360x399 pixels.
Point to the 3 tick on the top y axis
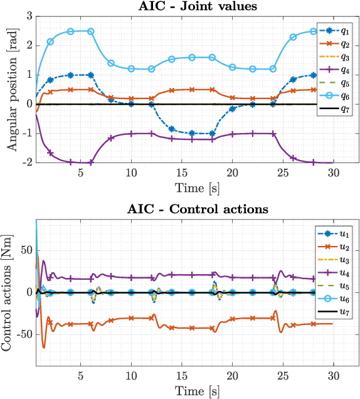(28, 16)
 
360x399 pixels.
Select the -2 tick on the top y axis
(26, 162)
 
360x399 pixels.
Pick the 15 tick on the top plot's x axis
(182, 173)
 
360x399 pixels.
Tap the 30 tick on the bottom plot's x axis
(334, 376)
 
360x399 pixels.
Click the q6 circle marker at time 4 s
(70, 31)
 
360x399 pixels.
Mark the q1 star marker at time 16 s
(192, 133)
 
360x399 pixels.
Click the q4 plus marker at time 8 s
(111, 137)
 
